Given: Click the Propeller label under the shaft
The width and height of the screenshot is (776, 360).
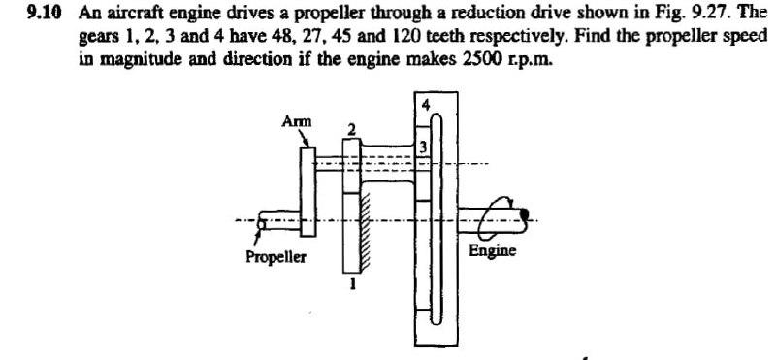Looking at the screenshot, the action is point(274,258).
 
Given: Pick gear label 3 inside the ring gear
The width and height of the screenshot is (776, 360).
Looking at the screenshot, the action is point(423,146).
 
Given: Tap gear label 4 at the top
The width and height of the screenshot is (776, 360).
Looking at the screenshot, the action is point(424,103).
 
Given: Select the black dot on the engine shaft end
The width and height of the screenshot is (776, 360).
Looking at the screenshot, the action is point(524,214).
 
